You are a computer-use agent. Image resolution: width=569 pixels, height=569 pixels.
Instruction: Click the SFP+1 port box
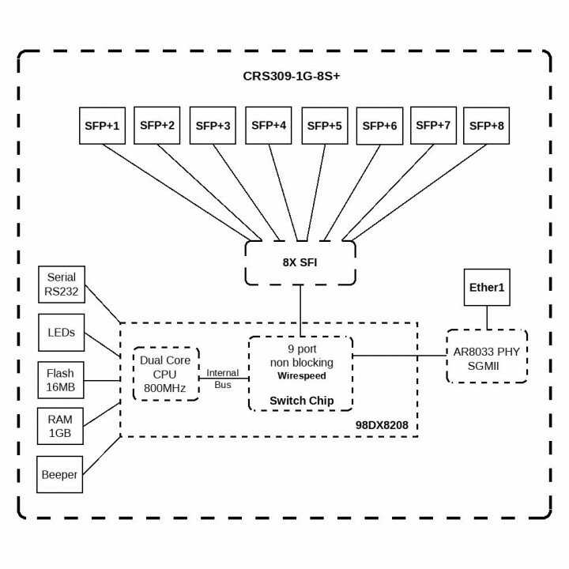(x=103, y=125)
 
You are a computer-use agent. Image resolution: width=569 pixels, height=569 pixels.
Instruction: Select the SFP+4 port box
(x=268, y=125)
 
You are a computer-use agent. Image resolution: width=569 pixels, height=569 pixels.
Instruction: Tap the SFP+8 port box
(x=486, y=125)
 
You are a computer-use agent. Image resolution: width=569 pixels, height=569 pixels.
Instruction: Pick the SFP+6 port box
(x=379, y=125)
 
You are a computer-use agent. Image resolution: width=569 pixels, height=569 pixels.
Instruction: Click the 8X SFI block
(x=300, y=262)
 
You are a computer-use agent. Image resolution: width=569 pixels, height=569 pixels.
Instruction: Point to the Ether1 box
(x=487, y=288)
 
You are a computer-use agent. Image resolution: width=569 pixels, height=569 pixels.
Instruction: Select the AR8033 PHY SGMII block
(x=487, y=356)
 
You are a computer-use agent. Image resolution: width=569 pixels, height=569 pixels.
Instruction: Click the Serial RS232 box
(x=62, y=284)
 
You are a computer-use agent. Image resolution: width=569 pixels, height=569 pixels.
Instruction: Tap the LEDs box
(x=62, y=333)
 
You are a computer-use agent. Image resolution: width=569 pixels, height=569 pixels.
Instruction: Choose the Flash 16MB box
(x=62, y=380)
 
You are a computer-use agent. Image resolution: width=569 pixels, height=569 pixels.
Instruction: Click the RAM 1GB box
(x=62, y=426)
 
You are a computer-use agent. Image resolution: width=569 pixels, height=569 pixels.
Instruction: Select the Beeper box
(x=60, y=475)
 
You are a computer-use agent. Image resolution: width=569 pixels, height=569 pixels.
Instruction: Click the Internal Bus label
(x=223, y=378)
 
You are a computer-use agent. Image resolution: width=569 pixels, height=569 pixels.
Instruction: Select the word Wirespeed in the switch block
(x=301, y=376)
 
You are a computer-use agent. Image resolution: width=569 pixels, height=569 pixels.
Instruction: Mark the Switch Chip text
(x=301, y=401)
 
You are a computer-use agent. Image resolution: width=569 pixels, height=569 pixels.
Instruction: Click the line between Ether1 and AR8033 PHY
(x=487, y=318)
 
